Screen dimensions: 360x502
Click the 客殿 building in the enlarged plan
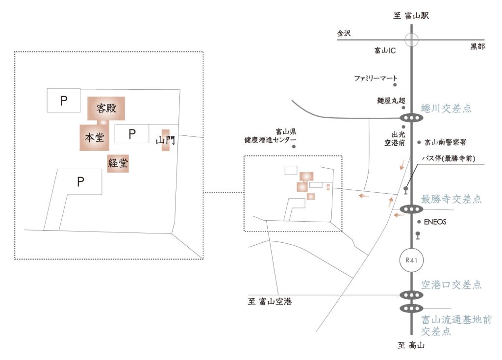(x=106, y=108)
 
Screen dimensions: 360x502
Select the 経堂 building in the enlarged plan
(x=118, y=164)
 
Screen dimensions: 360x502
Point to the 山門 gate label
(x=165, y=141)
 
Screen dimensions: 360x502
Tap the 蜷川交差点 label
(x=446, y=108)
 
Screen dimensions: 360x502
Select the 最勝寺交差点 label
(x=451, y=199)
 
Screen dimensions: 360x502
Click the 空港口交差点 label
(x=451, y=285)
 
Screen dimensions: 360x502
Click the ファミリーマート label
(x=376, y=77)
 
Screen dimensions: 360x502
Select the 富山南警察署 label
(x=445, y=143)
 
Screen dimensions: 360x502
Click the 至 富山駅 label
(x=411, y=16)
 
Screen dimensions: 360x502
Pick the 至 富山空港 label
(x=270, y=302)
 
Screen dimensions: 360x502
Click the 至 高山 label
(x=411, y=345)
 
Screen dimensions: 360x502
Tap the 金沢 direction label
(x=345, y=34)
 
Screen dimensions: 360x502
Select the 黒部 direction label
(x=477, y=47)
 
